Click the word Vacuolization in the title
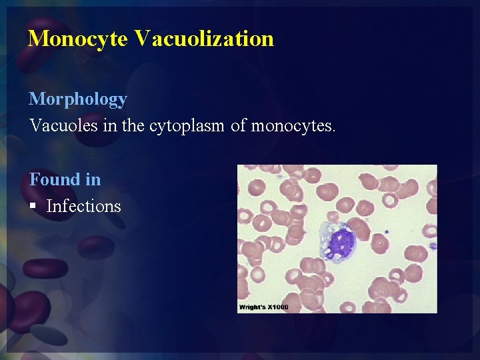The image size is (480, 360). [204, 38]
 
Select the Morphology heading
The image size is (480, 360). [78, 99]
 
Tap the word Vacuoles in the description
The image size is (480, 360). [63, 125]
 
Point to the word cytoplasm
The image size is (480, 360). [187, 125]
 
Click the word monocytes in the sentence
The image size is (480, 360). [293, 125]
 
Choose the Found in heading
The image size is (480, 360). [65, 179]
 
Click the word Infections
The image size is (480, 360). [84, 206]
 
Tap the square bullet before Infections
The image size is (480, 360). [33, 207]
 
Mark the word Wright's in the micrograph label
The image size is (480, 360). [253, 307]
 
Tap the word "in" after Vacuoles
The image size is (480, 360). [110, 125]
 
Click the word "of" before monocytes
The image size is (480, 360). [239, 125]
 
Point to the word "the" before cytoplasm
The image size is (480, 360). [134, 125]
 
